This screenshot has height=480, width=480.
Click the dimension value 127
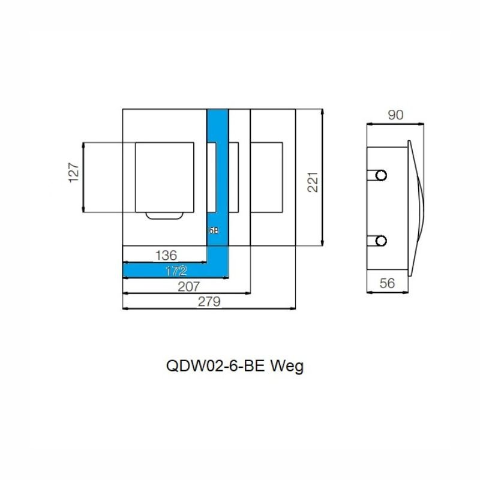click(x=74, y=173)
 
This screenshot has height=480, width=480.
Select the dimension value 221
click(x=313, y=182)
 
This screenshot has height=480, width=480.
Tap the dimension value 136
click(x=166, y=256)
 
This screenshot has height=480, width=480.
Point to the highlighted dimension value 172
click(x=176, y=271)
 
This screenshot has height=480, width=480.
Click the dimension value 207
click(x=188, y=287)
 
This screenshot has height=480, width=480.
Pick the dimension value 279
click(x=209, y=302)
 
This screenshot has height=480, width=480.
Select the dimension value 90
click(x=396, y=115)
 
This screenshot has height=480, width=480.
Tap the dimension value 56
click(x=387, y=283)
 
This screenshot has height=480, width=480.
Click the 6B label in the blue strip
click(x=214, y=230)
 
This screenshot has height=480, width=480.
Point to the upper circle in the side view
click(x=381, y=175)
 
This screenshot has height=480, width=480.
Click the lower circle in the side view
click(x=381, y=241)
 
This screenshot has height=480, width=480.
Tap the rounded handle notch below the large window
click(x=164, y=216)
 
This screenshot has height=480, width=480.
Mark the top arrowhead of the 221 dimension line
click(x=322, y=112)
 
